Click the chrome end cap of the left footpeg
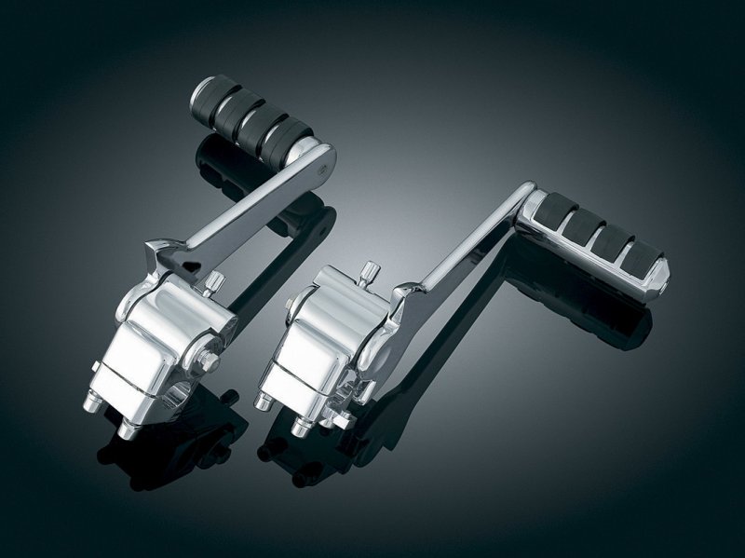(200, 92)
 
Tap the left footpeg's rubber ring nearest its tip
(223, 102)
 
